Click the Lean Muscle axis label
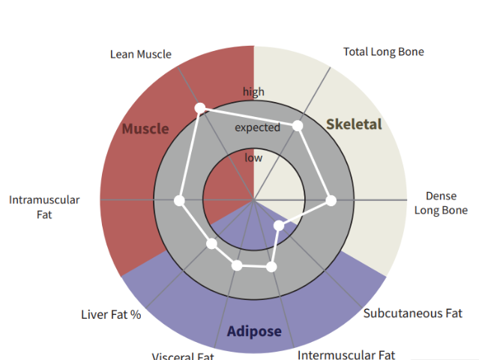(140, 54)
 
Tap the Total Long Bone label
(383, 52)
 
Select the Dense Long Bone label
(441, 203)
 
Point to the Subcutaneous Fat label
(412, 313)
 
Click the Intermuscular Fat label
(346, 354)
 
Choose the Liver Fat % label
(111, 314)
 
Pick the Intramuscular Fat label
(44, 207)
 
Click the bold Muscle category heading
(145, 128)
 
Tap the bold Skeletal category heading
(354, 124)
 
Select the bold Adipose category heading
(254, 331)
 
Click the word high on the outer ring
(253, 91)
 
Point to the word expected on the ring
(257, 127)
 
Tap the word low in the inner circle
(253, 157)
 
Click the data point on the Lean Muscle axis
(199, 109)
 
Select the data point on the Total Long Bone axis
(297, 126)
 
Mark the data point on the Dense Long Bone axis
(331, 200)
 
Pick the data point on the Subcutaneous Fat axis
(279, 226)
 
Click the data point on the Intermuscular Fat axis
(271, 266)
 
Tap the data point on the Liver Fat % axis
(211, 244)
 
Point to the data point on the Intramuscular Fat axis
(178, 200)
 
